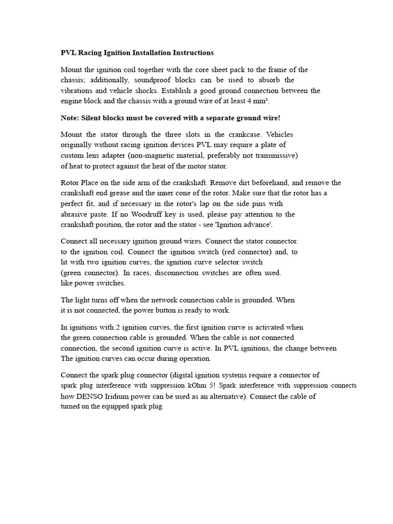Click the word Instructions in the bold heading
(192, 53)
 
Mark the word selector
(221, 262)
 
